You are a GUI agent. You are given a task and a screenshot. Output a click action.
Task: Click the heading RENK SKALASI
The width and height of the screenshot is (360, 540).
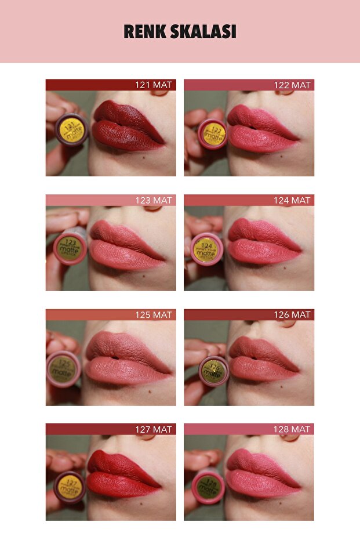pyautogui.click(x=180, y=32)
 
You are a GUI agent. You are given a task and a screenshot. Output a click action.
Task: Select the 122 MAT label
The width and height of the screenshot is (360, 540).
pyautogui.click(x=292, y=85)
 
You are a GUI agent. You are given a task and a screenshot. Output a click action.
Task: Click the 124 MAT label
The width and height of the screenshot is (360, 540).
pyautogui.click(x=292, y=200)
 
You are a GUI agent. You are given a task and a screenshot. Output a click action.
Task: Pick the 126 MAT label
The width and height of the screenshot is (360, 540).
pyautogui.click(x=292, y=315)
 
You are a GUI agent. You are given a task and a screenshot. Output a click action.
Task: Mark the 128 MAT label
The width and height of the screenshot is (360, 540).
pyautogui.click(x=292, y=429)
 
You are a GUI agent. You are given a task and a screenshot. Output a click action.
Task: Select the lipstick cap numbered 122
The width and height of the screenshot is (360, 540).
pyautogui.click(x=213, y=134)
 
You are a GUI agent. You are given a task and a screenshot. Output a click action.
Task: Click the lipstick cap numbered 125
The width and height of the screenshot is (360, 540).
pyautogui.click(x=64, y=369)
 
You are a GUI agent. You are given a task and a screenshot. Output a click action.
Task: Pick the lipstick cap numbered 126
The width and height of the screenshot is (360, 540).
pyautogui.click(x=214, y=371)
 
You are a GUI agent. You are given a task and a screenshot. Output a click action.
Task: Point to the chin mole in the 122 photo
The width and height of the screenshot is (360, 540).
pyautogui.click(x=281, y=155)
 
